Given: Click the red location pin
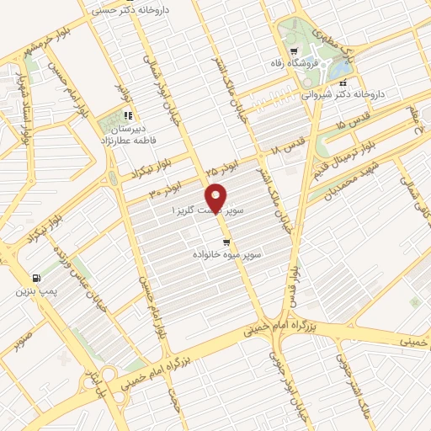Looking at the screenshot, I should [217, 197].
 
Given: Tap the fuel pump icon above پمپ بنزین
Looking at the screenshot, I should [35, 279].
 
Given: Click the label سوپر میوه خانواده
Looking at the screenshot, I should [226, 253].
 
